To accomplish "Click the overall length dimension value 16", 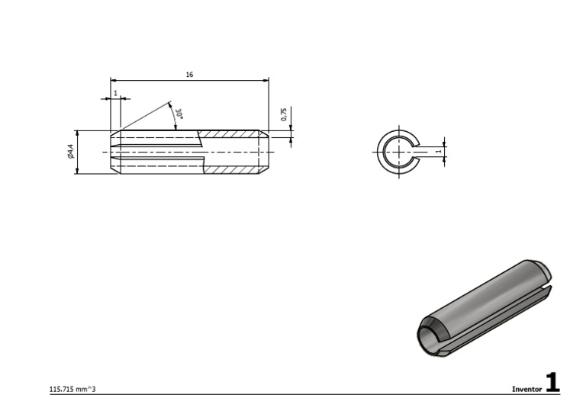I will [189, 75].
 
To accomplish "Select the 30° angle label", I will [179, 114].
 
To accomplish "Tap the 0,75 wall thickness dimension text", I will [284, 114].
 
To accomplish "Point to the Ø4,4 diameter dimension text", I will [70, 152].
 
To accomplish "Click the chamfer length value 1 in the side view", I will [115, 93].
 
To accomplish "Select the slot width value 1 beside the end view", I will [438, 151].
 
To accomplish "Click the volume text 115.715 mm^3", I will [72, 389].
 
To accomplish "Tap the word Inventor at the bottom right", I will [526, 389].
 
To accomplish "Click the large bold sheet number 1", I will [552, 383].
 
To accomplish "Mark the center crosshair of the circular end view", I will [397, 152].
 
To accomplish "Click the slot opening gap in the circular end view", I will [417, 152].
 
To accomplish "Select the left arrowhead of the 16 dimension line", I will [114, 79].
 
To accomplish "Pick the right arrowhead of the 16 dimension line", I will [266, 79].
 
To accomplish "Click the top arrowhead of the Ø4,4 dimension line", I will [76, 133].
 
